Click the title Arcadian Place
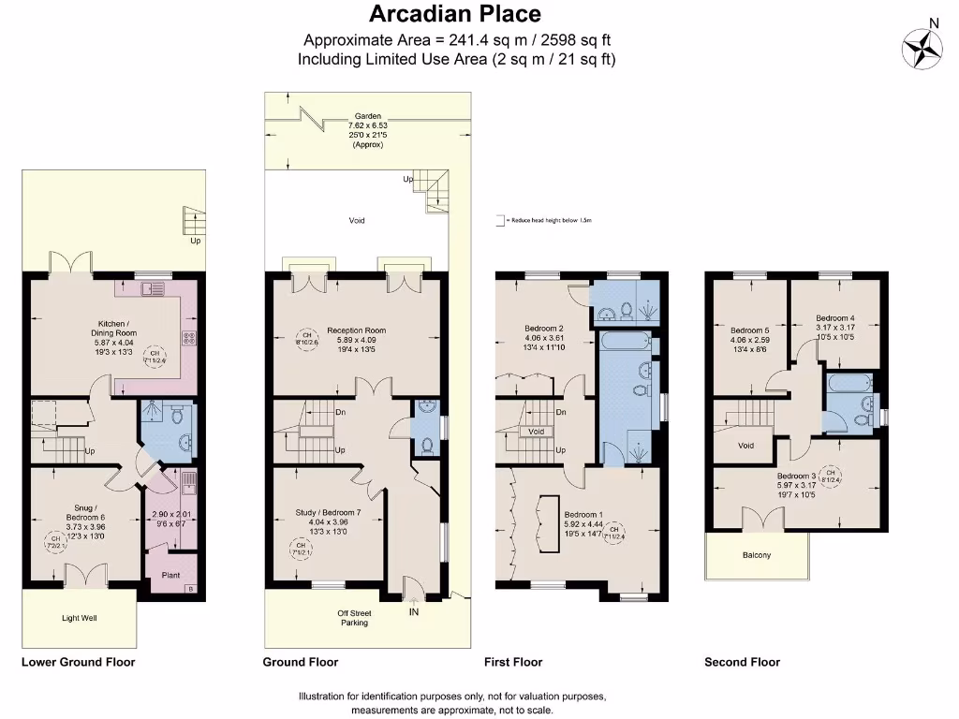point(455,14)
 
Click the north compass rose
point(922,46)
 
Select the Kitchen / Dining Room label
point(113,329)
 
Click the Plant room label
point(170,576)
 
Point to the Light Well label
point(80,618)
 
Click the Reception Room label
point(356,330)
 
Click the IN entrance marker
point(413,612)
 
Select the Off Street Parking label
point(354,618)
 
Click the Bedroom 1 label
point(583,514)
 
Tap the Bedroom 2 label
point(543,329)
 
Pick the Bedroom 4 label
point(834,317)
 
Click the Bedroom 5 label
point(749,330)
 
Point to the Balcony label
point(757,555)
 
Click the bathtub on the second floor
point(849,382)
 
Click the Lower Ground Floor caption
point(79,662)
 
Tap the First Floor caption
point(513,662)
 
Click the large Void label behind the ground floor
point(357,221)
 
